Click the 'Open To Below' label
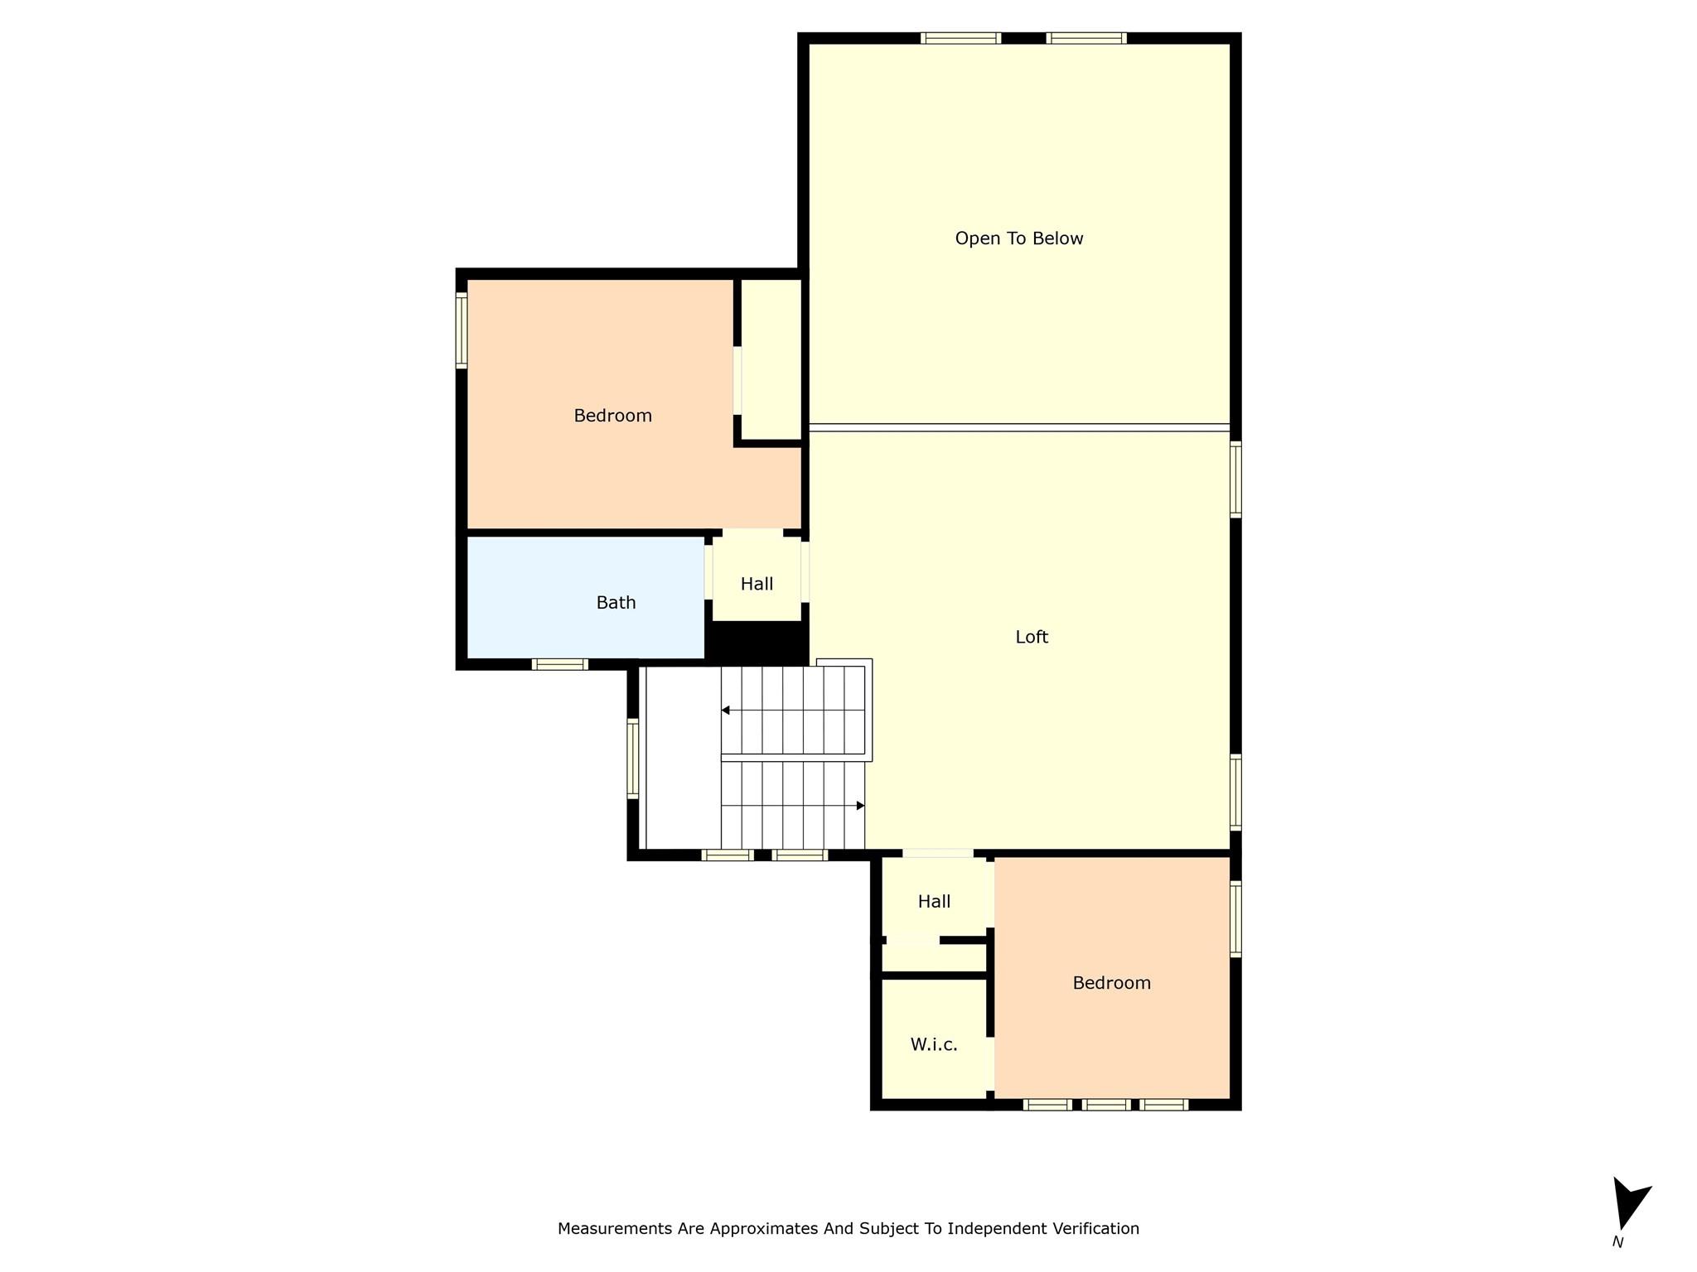coord(1018,238)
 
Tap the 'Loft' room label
coord(1032,637)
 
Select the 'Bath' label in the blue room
coord(616,603)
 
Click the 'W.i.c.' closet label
coord(934,1045)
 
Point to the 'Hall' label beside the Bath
coord(757,584)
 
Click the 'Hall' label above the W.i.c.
coord(934,902)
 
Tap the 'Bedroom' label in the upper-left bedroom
coord(612,416)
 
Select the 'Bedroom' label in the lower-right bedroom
coord(1111,983)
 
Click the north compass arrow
coord(1628,1205)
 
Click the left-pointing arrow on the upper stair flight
coord(726,711)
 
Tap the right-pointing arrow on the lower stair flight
coord(860,806)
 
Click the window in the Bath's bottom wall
coord(560,664)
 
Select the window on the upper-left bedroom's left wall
coord(462,331)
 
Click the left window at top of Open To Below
coord(960,38)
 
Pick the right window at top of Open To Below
coord(1086,38)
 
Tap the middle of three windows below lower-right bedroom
coord(1105,1104)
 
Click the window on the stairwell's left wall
coord(633,759)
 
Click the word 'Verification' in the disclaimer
coord(1095,1229)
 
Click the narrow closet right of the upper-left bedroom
coord(771,359)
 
